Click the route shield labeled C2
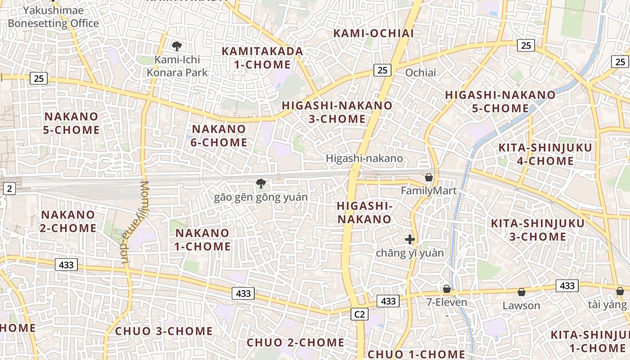point(360,314)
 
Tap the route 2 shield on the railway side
point(9,189)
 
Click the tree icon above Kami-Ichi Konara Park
point(177,45)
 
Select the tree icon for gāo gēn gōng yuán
point(260,183)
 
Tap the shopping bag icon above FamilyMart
point(429,177)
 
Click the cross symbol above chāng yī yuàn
point(409,239)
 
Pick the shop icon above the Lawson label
point(521,292)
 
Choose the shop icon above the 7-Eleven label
point(447,289)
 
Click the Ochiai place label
point(421,72)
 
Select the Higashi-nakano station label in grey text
point(364,158)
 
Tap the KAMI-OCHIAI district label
point(373,33)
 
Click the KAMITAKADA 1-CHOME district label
point(262,58)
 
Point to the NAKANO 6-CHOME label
point(220,136)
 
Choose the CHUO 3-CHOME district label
point(164,331)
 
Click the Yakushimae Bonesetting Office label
point(53,17)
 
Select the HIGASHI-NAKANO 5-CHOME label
point(500,102)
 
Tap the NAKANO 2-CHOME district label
point(68,221)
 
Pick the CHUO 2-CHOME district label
point(296,342)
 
